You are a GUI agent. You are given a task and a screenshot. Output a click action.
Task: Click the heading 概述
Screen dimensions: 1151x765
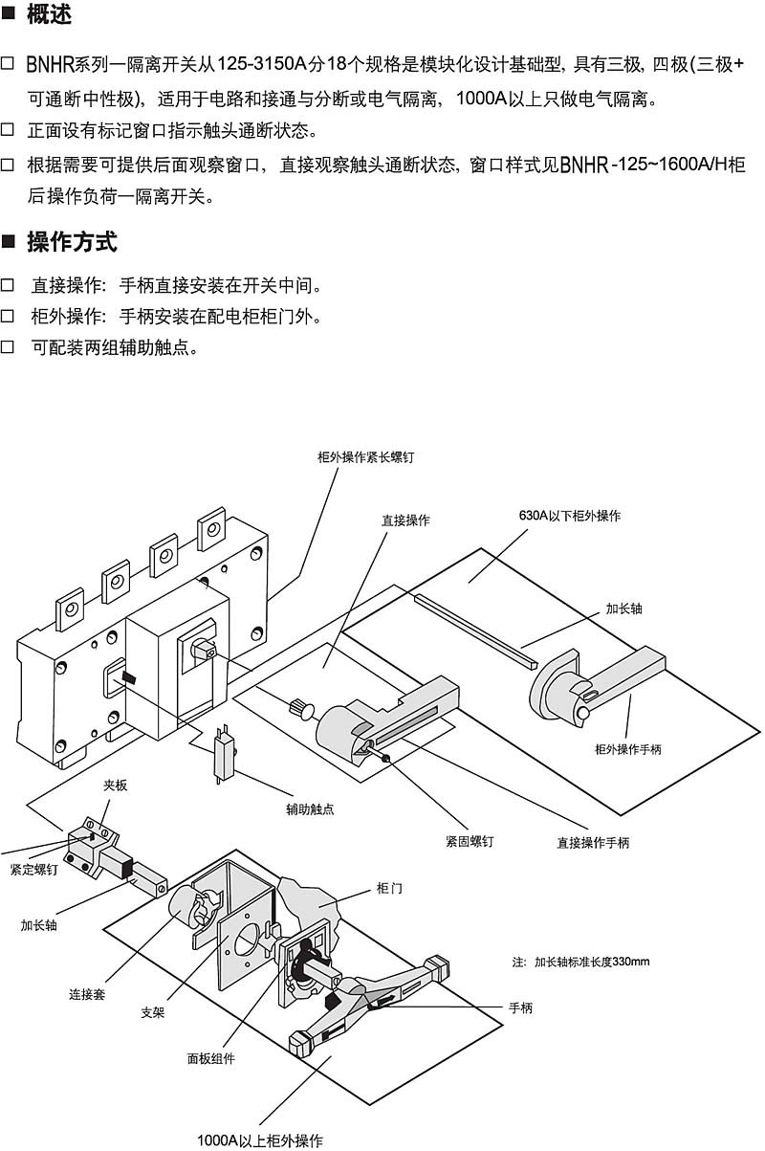[49, 16]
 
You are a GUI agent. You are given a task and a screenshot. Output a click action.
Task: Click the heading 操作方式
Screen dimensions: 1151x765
[72, 242]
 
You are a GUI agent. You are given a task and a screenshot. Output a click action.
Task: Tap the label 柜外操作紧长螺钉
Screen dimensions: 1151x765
[365, 458]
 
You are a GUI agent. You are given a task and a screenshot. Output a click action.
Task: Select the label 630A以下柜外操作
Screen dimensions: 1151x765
[569, 516]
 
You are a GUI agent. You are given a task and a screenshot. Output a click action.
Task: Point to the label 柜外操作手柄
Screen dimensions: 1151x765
[628, 749]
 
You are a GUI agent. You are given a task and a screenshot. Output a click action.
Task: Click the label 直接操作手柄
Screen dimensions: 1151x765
[593, 843]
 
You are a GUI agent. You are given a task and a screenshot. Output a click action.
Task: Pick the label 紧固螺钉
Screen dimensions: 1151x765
[470, 842]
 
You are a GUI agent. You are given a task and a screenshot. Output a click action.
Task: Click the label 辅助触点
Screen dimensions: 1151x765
[310, 808]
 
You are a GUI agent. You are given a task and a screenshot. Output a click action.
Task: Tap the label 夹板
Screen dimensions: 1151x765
[115, 786]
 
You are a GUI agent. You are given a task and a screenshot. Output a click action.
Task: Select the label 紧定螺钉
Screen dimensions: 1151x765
[34, 870]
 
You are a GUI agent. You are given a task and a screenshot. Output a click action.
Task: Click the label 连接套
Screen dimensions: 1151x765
[87, 992]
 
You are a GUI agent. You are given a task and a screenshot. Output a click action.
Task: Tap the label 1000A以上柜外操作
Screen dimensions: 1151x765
[260, 1140]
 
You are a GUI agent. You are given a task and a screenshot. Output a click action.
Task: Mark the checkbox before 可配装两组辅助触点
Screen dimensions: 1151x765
[8, 348]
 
